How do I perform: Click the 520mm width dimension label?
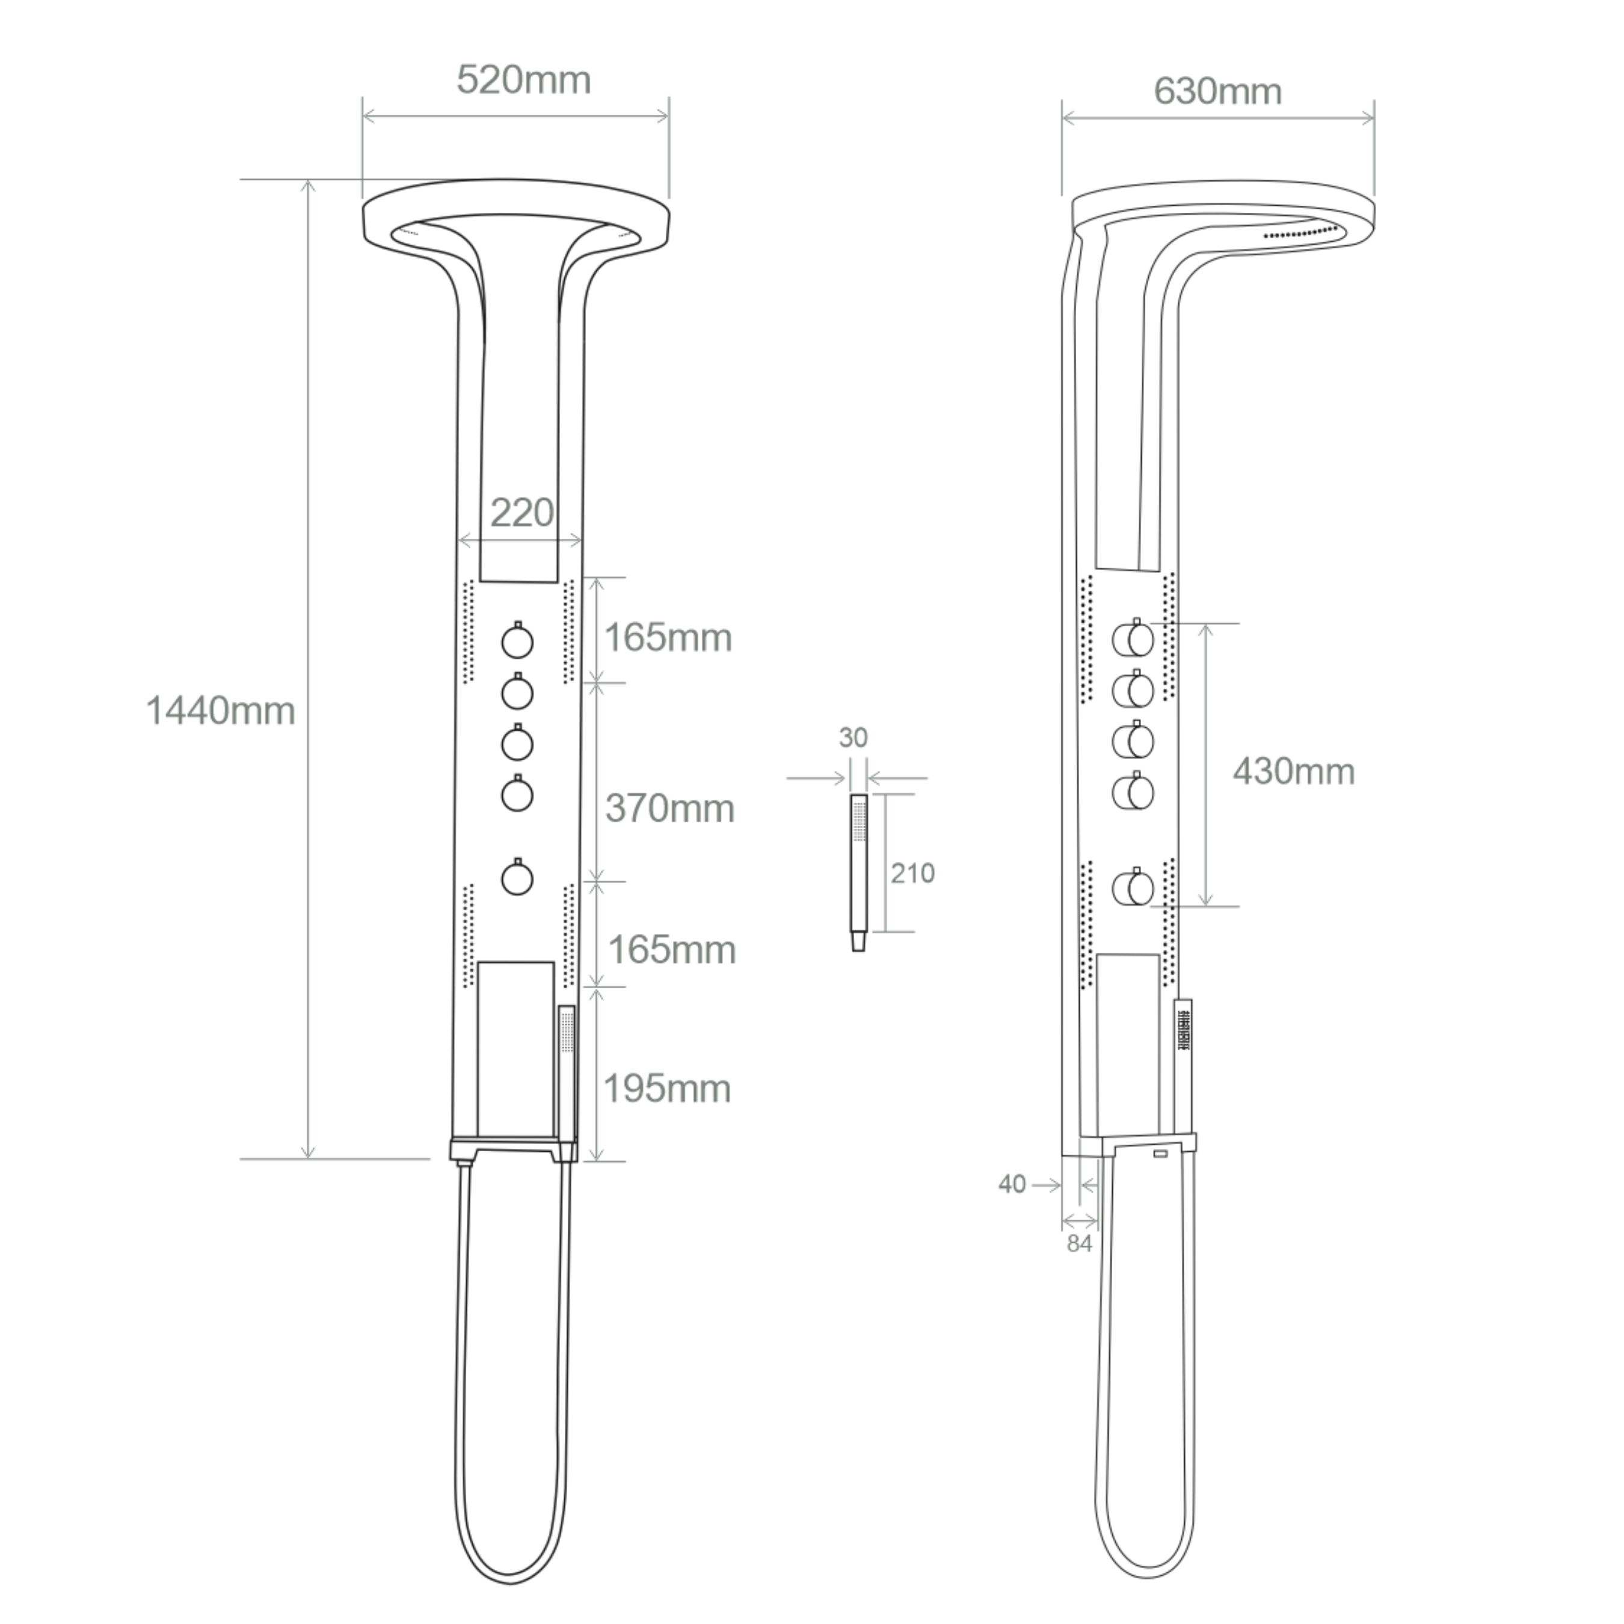(x=524, y=81)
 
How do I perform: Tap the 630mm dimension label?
(x=1217, y=91)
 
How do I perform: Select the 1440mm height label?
(x=220, y=711)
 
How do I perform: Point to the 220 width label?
(x=522, y=512)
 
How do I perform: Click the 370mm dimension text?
(x=670, y=808)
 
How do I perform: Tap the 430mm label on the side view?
(x=1294, y=772)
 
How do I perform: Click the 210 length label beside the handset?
(x=913, y=873)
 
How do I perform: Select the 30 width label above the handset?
(x=853, y=738)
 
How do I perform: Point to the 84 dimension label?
(x=1079, y=1243)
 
